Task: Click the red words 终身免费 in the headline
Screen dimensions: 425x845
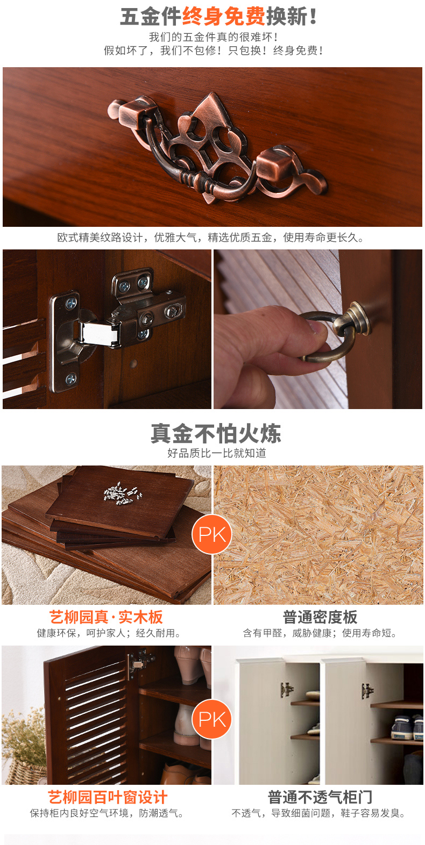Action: click(x=224, y=17)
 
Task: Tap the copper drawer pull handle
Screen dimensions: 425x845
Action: click(x=217, y=149)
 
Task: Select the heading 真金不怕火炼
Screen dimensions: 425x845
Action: click(x=216, y=433)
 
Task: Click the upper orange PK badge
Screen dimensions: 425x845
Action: click(x=212, y=534)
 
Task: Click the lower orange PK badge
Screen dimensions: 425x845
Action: click(x=212, y=719)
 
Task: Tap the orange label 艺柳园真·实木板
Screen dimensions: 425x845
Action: click(x=106, y=618)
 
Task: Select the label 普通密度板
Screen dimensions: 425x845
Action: click(x=320, y=618)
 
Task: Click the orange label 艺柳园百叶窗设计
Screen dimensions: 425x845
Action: click(x=107, y=797)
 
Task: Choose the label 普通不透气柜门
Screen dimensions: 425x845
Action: click(x=320, y=797)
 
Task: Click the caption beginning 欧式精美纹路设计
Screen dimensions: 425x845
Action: click(x=210, y=238)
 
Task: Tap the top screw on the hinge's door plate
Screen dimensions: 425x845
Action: click(x=70, y=303)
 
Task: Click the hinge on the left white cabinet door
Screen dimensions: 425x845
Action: click(x=287, y=690)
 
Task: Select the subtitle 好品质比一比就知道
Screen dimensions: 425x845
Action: click(x=217, y=453)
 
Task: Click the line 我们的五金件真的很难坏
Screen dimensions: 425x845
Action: click(x=213, y=37)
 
